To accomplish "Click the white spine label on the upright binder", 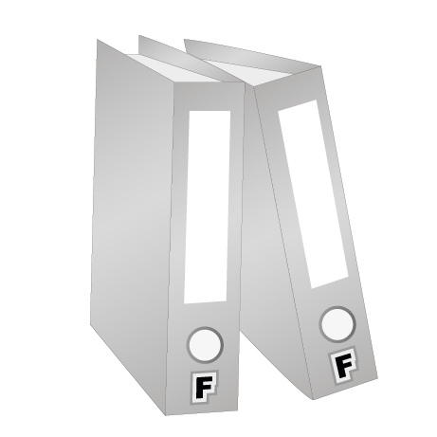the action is coord(207,207).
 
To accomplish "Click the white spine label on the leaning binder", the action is coord(313,194).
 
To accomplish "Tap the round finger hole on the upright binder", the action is coord(205,345).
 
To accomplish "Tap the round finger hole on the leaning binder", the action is coord(337,324).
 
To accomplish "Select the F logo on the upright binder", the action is coord(205,387).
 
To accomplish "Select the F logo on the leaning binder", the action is coord(344,365).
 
